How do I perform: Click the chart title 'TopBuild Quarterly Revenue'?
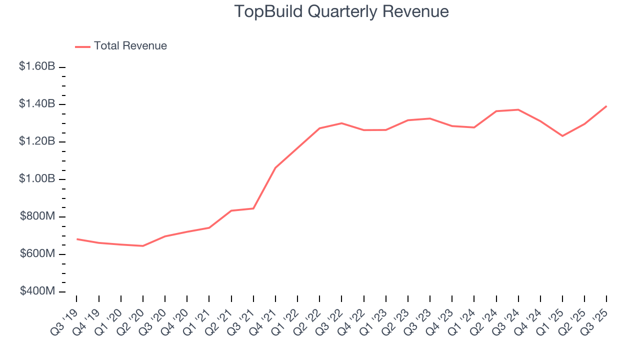pyautogui.click(x=341, y=11)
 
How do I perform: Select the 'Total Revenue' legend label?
pyautogui.click(x=130, y=46)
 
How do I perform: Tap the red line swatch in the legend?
pyautogui.click(x=82, y=46)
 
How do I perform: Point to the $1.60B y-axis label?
pyautogui.click(x=36, y=66)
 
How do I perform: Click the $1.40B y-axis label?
pyautogui.click(x=36, y=104)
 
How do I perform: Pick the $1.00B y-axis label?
pyautogui.click(x=36, y=179)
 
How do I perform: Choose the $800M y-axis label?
pyautogui.click(x=37, y=216)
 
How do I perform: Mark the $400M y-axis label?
pyautogui.click(x=37, y=291)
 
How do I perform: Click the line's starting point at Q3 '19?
pyautogui.click(x=77, y=239)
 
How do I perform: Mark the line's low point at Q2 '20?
pyautogui.click(x=143, y=246)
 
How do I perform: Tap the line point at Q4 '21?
pyautogui.click(x=275, y=167)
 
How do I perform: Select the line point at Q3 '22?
pyautogui.click(x=341, y=123)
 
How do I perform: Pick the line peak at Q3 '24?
pyautogui.click(x=518, y=109)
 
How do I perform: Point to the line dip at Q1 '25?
pyautogui.click(x=562, y=136)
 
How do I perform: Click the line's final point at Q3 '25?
pyautogui.click(x=606, y=106)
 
